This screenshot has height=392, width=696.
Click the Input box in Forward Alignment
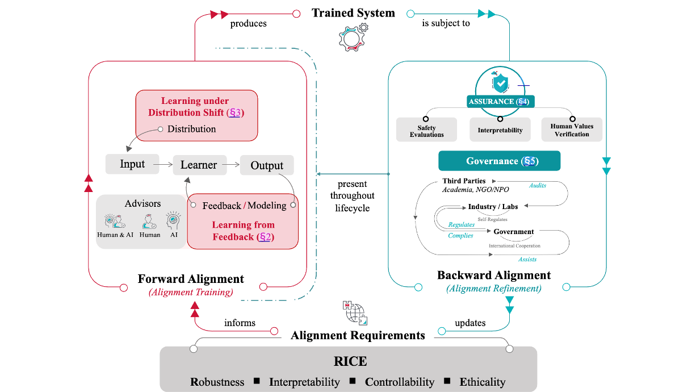click(x=132, y=164)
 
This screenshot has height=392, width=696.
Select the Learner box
click(x=199, y=165)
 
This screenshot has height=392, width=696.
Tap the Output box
click(x=267, y=165)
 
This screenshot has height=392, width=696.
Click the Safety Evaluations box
click(x=427, y=131)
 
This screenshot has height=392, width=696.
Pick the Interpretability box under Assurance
click(x=500, y=130)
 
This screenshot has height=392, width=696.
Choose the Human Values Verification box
click(x=572, y=130)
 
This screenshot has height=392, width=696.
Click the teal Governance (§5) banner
click(x=500, y=161)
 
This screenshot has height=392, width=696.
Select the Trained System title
click(x=353, y=13)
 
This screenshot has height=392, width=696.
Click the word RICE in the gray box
click(x=350, y=361)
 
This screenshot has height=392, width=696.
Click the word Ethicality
click(x=483, y=382)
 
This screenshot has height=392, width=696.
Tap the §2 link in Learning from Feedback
click(x=264, y=237)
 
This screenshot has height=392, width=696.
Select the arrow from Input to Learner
click(x=163, y=164)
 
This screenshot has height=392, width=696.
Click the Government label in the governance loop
click(x=513, y=232)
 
